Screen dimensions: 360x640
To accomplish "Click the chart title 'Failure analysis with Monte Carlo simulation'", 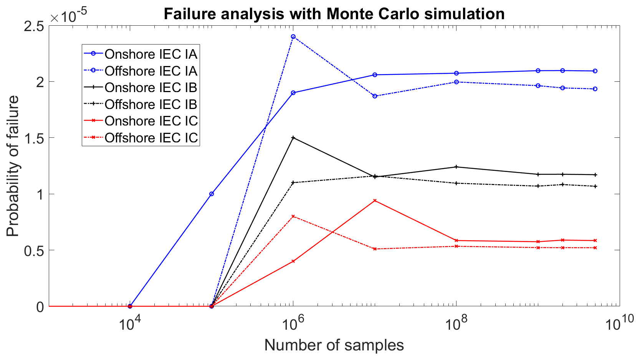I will pyautogui.click(x=334, y=14).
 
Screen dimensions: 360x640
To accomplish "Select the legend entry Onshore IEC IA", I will pyautogui.click(x=151, y=54).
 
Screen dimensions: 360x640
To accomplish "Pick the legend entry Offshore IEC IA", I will pyautogui.click(x=151, y=71).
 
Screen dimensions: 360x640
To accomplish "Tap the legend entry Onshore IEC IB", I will pyautogui.click(x=151, y=88).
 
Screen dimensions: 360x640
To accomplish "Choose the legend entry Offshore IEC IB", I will pyautogui.click(x=151, y=104).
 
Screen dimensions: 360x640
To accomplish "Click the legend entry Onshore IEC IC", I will pyautogui.click(x=151, y=121).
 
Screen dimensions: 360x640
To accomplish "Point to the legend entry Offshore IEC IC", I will pyautogui.click(x=151, y=138).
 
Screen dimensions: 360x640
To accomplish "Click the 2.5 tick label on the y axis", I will pyautogui.click(x=34, y=26).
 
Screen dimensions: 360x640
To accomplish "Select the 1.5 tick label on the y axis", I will pyautogui.click(x=34, y=138).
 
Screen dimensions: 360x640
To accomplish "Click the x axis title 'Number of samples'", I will pyautogui.click(x=334, y=345).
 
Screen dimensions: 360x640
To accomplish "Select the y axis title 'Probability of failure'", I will pyautogui.click(x=13, y=166).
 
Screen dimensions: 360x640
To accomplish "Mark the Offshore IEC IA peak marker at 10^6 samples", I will pyautogui.click(x=293, y=37).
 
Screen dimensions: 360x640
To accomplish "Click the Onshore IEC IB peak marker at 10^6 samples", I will pyautogui.click(x=293, y=137).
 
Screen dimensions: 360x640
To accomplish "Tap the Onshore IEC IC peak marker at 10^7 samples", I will pyautogui.click(x=375, y=201).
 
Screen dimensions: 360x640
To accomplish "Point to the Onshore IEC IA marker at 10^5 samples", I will pyautogui.click(x=212, y=194).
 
